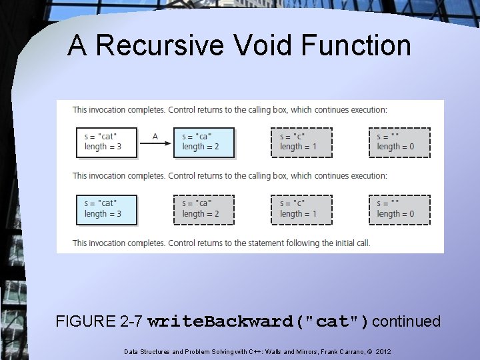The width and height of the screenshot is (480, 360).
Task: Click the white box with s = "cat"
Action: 107,142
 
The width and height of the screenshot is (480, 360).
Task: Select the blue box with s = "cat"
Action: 107,209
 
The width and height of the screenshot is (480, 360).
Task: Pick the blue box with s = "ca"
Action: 204,142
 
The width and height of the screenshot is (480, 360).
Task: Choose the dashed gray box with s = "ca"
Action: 204,209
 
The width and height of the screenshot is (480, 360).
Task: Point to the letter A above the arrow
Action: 155,137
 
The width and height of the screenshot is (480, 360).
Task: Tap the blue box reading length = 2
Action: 200,147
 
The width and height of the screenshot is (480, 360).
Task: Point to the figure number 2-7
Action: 129,322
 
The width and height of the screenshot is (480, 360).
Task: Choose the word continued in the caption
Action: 407,322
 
